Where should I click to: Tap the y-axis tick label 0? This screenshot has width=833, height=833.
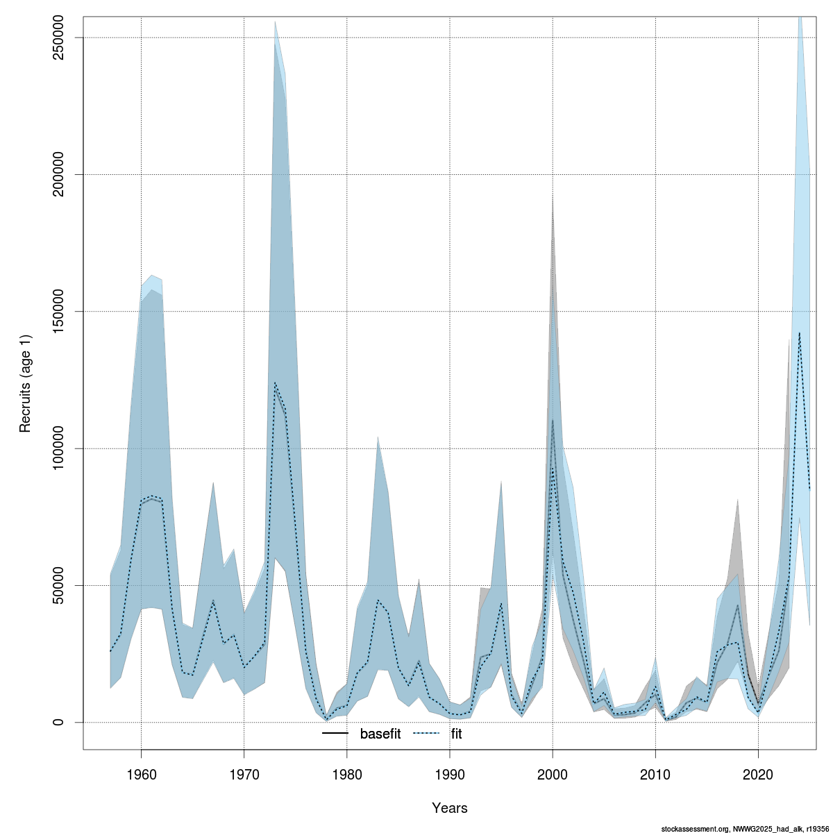click(59, 722)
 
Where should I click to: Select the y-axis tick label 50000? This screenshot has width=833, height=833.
click(59, 585)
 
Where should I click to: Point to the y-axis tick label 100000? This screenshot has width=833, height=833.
click(59, 448)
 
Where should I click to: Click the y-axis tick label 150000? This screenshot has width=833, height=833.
click(59, 312)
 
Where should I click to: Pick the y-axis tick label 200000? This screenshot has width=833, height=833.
click(59, 175)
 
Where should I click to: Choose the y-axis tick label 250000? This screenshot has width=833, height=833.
click(59, 38)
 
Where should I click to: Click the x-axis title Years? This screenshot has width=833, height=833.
click(449, 808)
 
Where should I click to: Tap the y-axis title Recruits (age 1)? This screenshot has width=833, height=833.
click(26, 380)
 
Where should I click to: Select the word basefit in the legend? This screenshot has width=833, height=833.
click(380, 734)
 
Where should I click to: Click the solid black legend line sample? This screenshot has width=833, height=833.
click(335, 734)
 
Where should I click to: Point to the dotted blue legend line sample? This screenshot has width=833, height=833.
click(426, 734)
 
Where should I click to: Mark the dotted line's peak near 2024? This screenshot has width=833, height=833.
click(800, 333)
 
